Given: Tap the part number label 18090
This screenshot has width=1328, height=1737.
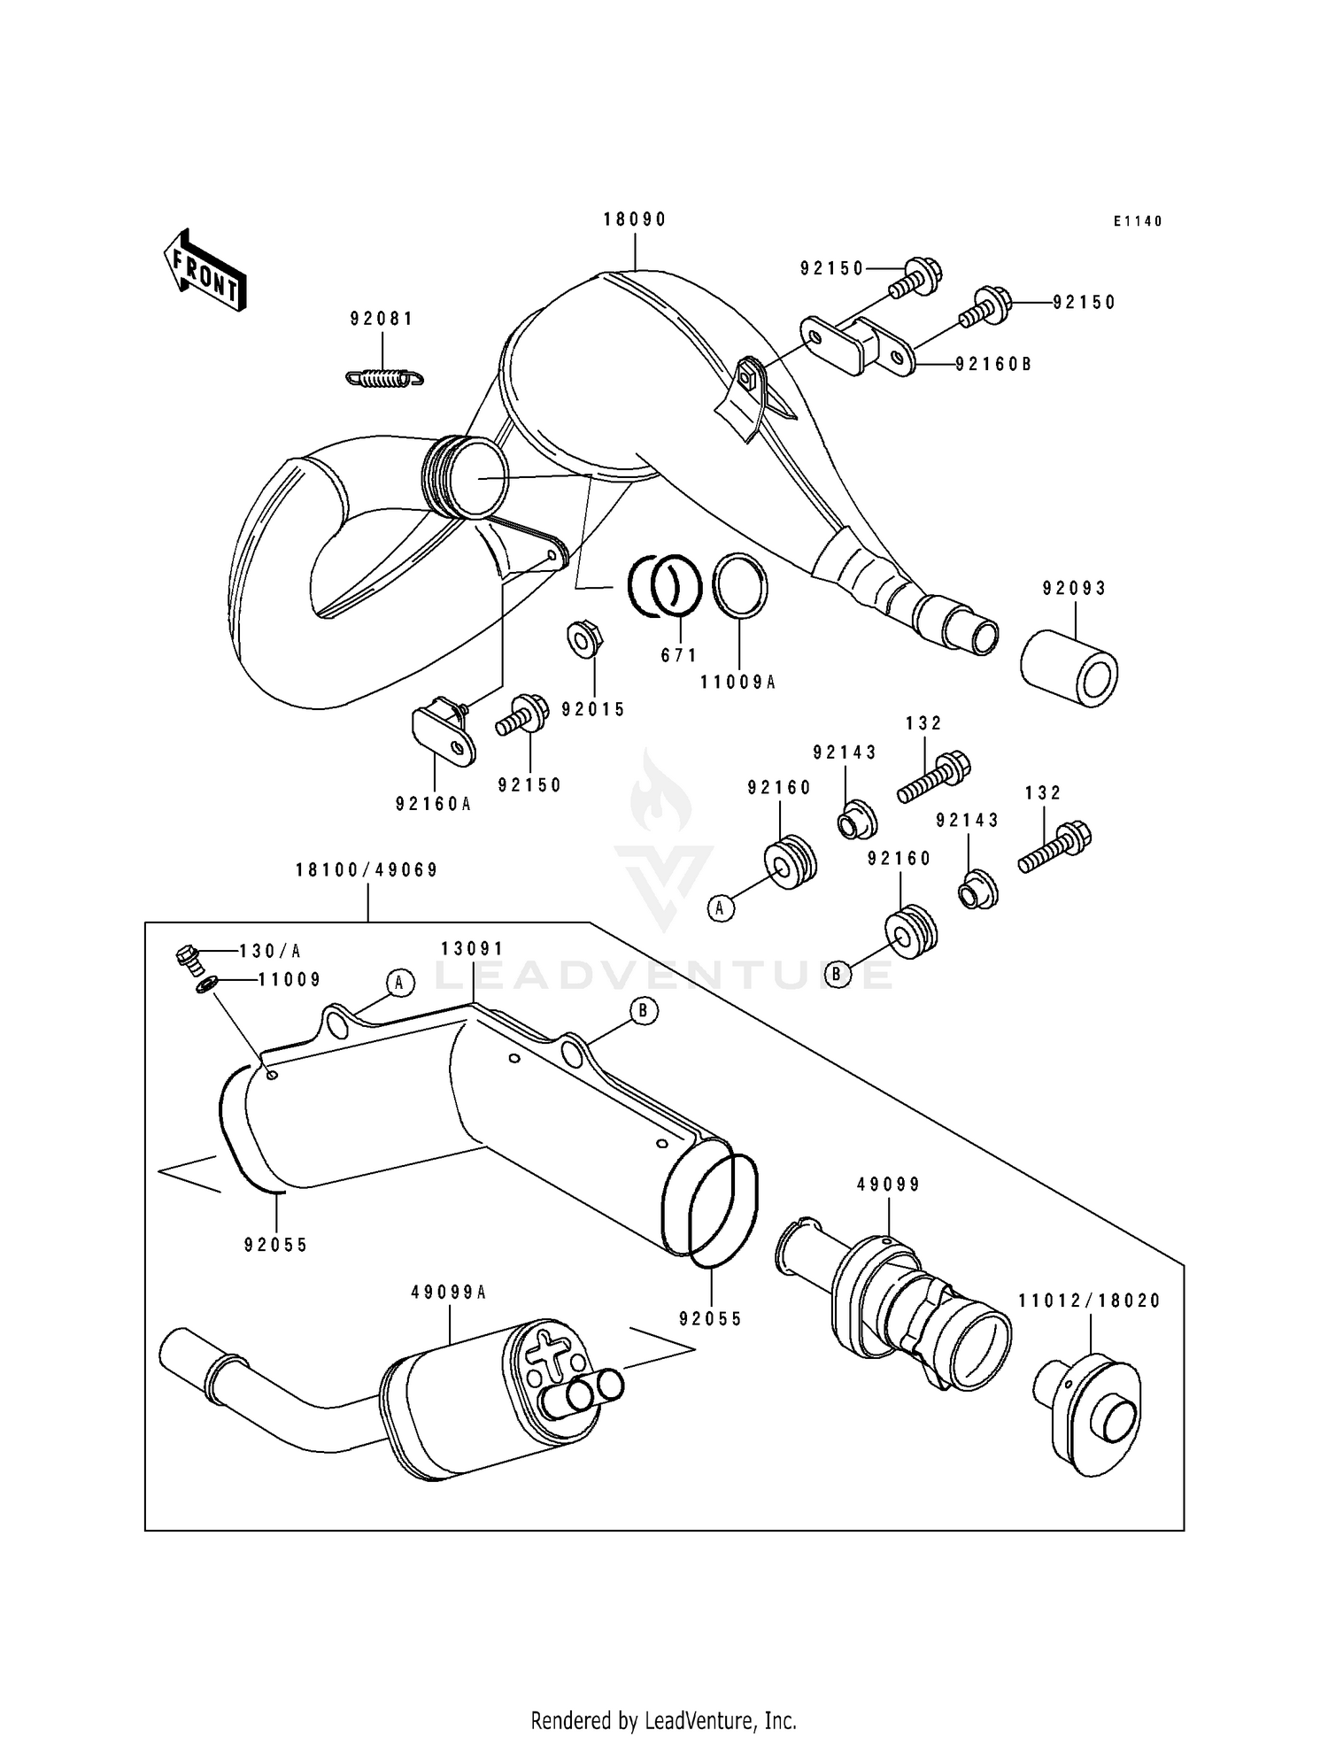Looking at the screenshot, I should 635,220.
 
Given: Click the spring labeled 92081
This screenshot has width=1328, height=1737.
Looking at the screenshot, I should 384,378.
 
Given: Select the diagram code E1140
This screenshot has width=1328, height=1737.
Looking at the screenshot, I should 1138,221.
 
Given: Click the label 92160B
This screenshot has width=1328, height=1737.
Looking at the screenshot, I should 993,364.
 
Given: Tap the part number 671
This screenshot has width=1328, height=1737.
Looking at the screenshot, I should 679,655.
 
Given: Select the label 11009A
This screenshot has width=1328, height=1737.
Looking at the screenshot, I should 737,682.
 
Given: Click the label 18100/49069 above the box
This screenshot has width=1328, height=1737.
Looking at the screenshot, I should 367,870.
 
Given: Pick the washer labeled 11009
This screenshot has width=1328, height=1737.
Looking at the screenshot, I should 208,984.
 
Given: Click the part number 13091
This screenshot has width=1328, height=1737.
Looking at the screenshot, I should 472,949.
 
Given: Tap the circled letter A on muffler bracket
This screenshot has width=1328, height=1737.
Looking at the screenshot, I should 399,982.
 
